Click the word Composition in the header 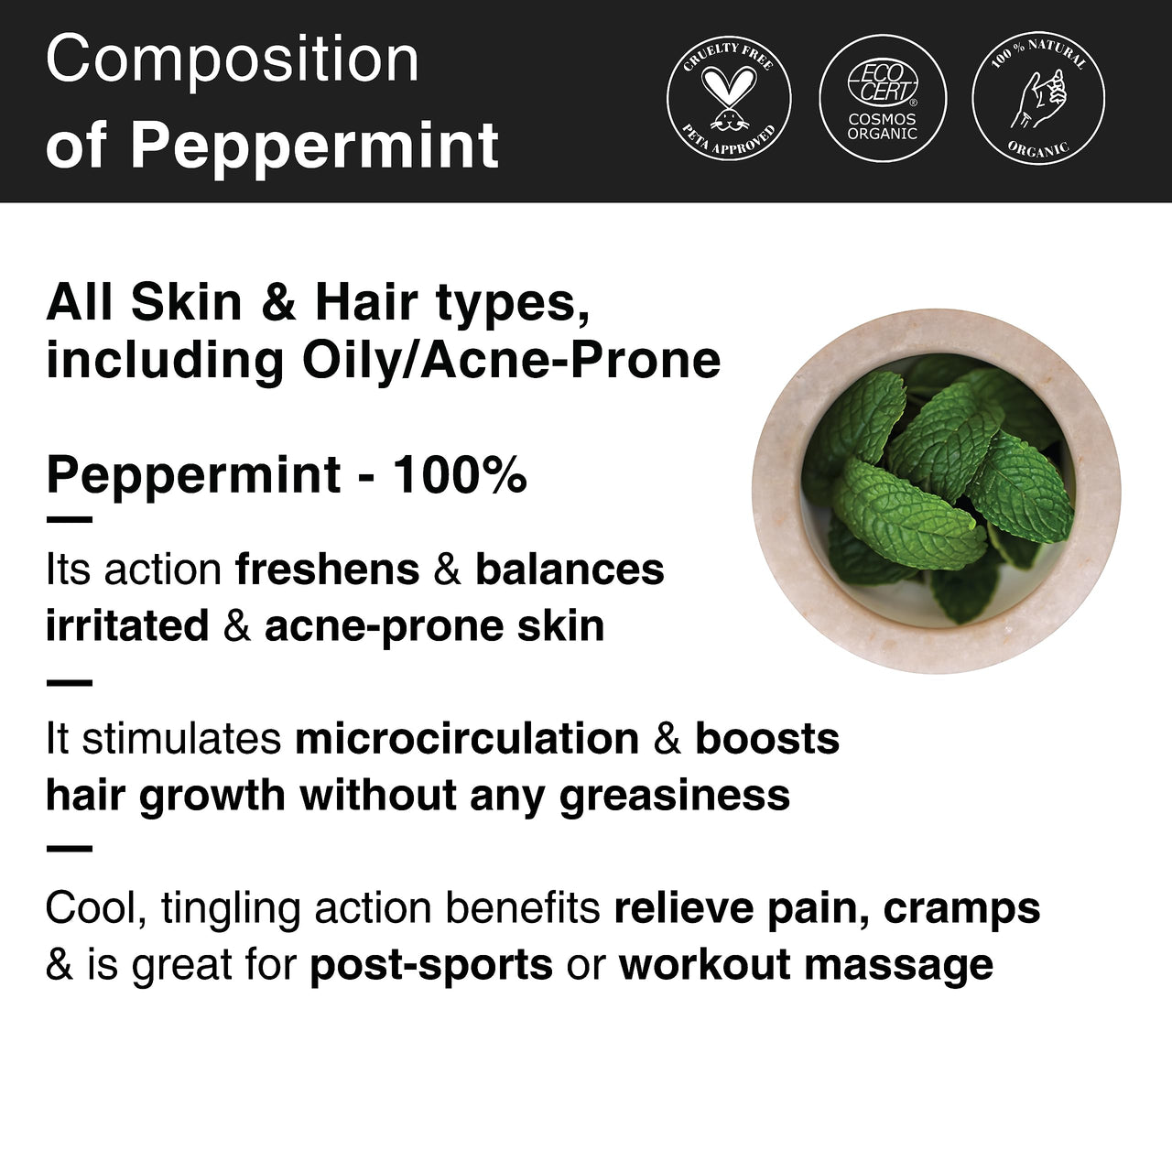[233, 60]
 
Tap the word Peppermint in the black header [314, 145]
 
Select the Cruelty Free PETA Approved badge [729, 99]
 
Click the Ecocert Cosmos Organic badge [882, 99]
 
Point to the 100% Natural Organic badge [1038, 99]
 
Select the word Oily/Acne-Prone [511, 360]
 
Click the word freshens [327, 570]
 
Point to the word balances [570, 570]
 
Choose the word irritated [127, 627]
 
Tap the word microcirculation [467, 739]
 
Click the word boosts [767, 739]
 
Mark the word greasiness [675, 796]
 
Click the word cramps [962, 908]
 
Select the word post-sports [431, 965]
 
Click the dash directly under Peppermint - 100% [69, 520]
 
